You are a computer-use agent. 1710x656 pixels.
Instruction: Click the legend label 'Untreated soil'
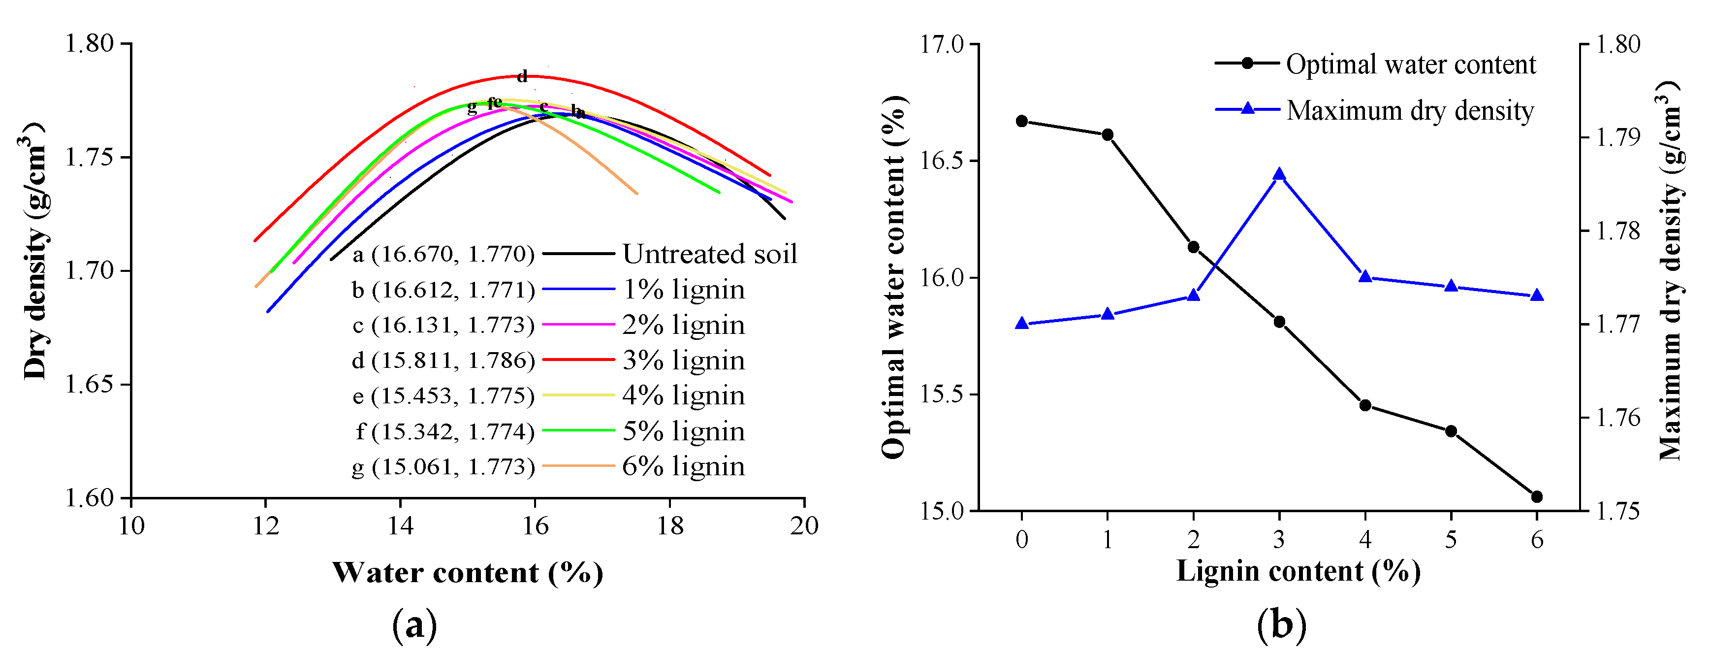click(709, 254)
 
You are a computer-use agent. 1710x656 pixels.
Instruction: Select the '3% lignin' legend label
click(683, 360)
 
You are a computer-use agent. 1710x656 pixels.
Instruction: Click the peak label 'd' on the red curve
click(522, 76)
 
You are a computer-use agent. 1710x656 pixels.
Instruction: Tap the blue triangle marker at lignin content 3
click(1279, 175)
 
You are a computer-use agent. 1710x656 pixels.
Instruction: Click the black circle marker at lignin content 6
click(1537, 496)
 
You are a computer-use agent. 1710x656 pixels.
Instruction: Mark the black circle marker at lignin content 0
click(1021, 121)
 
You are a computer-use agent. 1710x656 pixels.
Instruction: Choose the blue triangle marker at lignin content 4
click(1365, 276)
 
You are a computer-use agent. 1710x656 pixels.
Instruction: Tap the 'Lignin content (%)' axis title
click(1298, 571)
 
